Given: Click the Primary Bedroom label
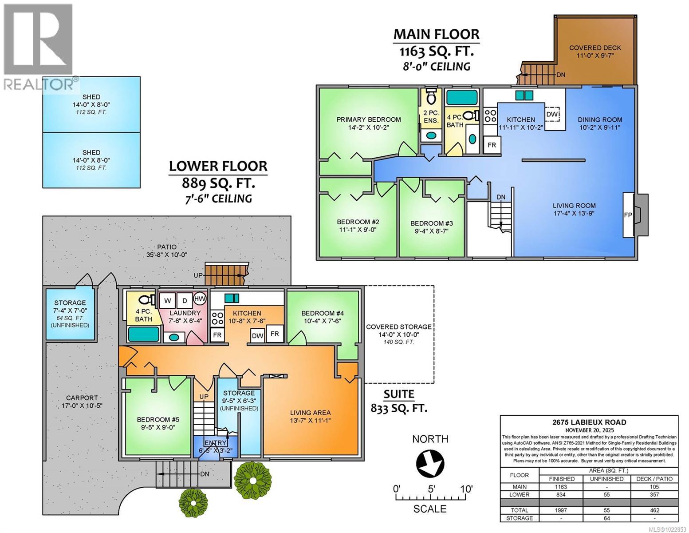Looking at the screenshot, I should (368, 119).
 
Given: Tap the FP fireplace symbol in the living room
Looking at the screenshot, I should (628, 215).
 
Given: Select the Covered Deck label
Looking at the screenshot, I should (595, 48).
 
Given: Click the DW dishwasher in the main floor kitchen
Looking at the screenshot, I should (552, 114).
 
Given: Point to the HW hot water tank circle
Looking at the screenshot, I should (200, 298).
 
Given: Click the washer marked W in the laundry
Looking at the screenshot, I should (168, 300).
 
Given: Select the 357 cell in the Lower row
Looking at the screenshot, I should (654, 494).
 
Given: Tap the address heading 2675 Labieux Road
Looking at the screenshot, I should (589, 422).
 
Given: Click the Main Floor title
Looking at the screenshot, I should (437, 34).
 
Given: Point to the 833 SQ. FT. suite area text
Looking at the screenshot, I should (399, 408).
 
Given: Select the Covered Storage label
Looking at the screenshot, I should (398, 327).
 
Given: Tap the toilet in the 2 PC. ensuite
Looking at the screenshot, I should (430, 96).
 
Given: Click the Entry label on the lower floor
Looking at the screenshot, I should (215, 443).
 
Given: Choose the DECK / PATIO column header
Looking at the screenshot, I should (654, 479).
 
